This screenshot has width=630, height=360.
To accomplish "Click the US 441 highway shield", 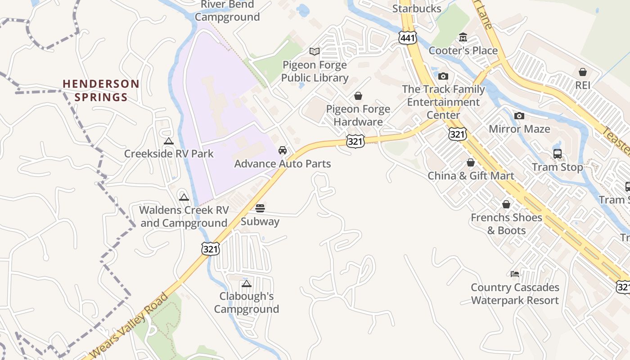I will click(407, 38).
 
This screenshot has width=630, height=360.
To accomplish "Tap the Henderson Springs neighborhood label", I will click(101, 90).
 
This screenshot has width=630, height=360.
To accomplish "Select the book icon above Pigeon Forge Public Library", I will click(315, 52).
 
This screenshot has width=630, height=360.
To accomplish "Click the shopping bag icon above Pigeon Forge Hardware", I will click(358, 96).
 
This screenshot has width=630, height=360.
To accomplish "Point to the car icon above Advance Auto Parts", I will click(283, 150).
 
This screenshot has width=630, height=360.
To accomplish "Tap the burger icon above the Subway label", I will click(260, 208).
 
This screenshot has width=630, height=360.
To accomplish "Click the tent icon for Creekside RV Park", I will click(169, 141).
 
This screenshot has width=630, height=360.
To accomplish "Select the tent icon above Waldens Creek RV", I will click(184, 197).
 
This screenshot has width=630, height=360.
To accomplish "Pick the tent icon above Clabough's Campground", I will click(246, 283).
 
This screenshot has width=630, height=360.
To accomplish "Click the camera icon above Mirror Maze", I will click(519, 116).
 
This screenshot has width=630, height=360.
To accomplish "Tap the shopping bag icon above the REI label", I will click(583, 72).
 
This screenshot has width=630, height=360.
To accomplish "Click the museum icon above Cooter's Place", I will click(463, 37).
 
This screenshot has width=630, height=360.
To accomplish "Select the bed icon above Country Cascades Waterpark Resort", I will click(515, 274).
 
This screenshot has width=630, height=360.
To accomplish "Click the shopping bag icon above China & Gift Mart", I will click(471, 162).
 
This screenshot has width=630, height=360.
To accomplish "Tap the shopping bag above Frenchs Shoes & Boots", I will click(506, 204).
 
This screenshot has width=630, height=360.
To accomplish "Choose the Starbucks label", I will click(417, 9).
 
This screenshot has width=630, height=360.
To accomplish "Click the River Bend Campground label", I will click(227, 11).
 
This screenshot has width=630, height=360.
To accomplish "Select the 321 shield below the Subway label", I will click(210, 248).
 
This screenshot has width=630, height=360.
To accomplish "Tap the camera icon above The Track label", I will click(443, 76).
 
